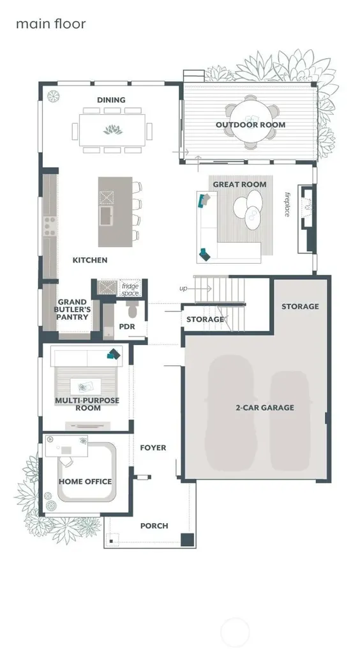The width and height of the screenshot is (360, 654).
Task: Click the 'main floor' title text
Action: (x=51, y=24)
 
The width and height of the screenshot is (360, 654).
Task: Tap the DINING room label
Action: (x=111, y=100)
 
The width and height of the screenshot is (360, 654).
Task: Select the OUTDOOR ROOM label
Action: (x=250, y=125)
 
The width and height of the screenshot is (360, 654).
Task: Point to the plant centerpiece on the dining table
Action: (x=113, y=130)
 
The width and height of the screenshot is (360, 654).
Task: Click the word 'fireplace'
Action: (x=287, y=204)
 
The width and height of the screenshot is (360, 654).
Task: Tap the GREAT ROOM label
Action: (x=239, y=185)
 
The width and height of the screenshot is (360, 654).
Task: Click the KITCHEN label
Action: (x=90, y=260)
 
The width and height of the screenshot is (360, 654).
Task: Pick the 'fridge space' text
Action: (x=130, y=290)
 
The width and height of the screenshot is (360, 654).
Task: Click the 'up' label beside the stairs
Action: (x=183, y=289)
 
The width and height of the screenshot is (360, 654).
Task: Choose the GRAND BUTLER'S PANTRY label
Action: (x=73, y=309)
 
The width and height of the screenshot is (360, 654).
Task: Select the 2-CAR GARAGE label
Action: (x=265, y=407)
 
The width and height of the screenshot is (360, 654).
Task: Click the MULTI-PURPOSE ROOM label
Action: (x=87, y=404)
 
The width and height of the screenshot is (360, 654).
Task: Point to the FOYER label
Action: (x=153, y=448)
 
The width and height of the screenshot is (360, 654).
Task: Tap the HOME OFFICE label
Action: (x=85, y=482)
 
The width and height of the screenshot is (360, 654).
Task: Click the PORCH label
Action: (x=154, y=526)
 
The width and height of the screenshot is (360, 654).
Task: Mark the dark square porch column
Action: (x=188, y=540)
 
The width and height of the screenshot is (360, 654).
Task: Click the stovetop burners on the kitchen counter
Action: (x=50, y=225)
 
